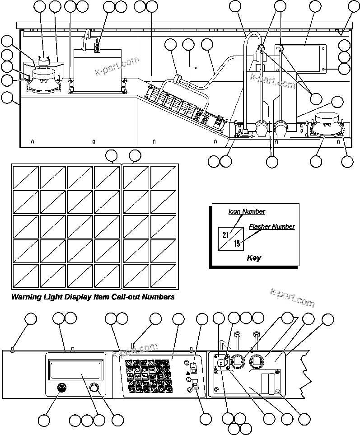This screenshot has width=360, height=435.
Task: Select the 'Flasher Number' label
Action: (x=271, y=227)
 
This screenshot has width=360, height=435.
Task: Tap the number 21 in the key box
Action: (x=225, y=234)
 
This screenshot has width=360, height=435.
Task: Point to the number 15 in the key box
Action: (x=237, y=244)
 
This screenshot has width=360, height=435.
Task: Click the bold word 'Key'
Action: (x=254, y=258)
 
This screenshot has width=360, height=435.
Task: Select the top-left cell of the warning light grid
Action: (x=26, y=177)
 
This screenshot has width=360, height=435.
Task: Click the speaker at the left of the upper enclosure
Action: (x=42, y=79)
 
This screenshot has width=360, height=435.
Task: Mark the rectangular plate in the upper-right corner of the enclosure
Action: (x=301, y=58)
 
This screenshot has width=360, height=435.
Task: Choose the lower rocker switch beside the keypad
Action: (x=196, y=385)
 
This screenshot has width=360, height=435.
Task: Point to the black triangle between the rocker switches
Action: (x=187, y=374)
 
